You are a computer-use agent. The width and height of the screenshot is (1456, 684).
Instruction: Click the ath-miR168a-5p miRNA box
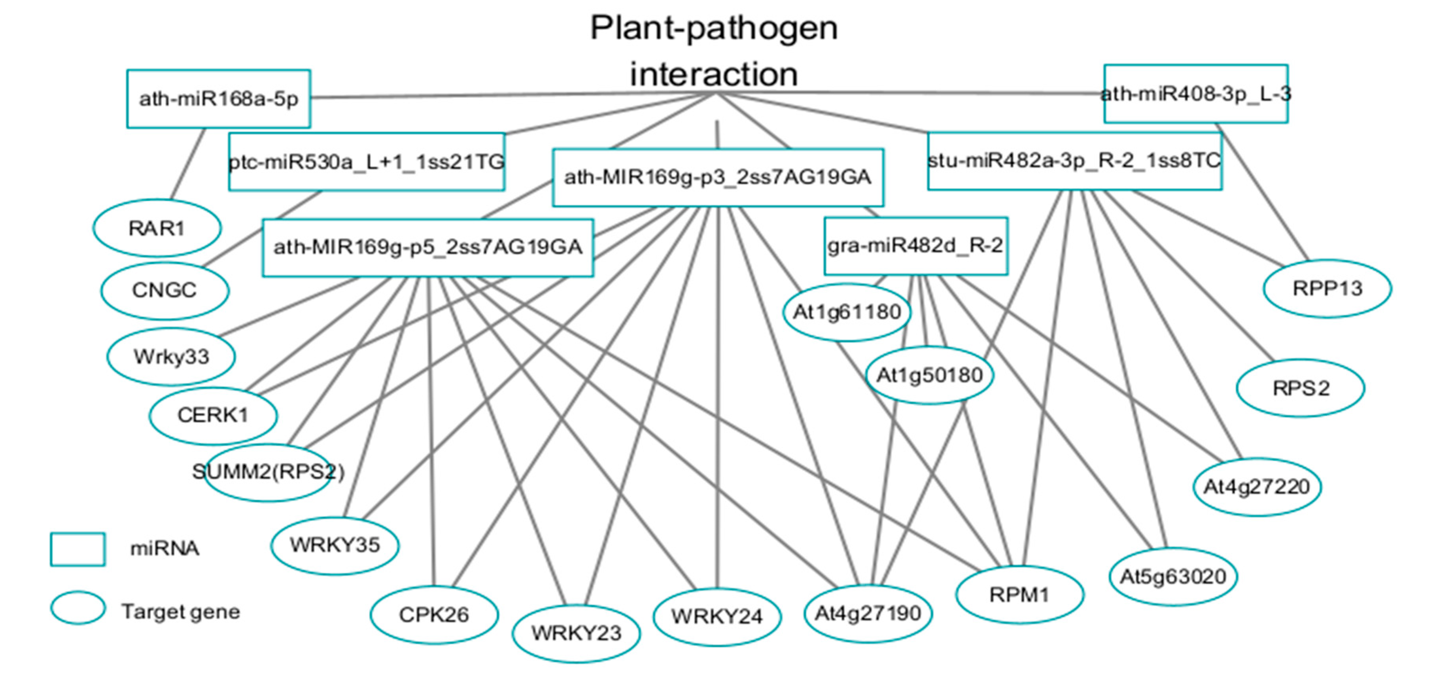point(218,99)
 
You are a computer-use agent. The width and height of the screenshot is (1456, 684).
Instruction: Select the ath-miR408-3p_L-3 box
point(1195,94)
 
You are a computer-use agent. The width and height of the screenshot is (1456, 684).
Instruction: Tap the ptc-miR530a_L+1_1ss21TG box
point(366,162)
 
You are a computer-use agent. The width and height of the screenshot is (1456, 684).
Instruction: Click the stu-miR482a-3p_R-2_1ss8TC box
point(1074,161)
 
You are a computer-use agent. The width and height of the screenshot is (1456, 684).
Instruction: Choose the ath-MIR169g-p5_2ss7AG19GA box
point(427,248)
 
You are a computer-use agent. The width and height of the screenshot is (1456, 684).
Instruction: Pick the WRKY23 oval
point(576,633)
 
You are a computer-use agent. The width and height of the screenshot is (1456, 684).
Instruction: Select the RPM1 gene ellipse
point(1019,595)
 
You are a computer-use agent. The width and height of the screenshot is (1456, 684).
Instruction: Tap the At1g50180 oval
point(929,375)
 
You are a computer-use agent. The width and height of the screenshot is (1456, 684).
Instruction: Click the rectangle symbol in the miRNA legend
point(78,549)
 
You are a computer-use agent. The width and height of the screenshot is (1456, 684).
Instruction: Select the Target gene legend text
point(180,612)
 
